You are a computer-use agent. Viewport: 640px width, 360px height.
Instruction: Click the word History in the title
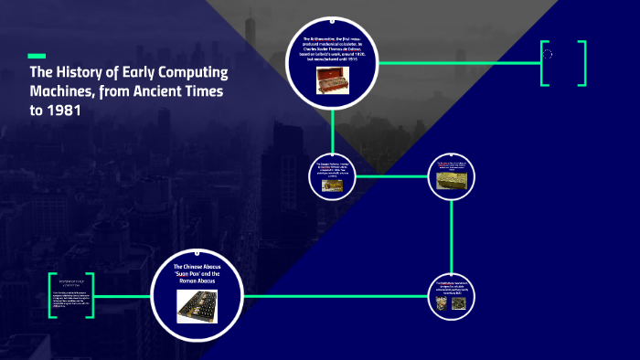[76, 73]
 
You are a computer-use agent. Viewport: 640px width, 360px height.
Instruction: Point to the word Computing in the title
[194, 73]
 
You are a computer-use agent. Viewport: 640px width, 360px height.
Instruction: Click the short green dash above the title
[37, 55]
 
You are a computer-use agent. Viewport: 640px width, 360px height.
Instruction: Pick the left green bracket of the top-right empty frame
[543, 63]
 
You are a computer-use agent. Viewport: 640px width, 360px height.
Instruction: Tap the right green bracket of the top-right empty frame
[582, 63]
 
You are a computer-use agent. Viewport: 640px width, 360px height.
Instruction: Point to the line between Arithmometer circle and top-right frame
[457, 63]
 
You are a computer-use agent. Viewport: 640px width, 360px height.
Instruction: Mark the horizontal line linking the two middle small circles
[393, 175]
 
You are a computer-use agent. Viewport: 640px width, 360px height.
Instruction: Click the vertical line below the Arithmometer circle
[333, 128]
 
